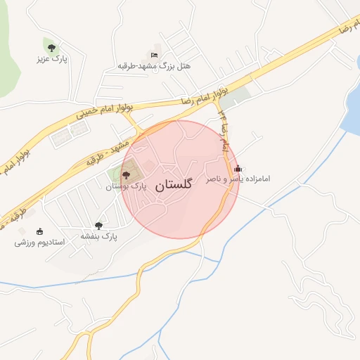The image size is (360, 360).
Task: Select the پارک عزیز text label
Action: [51, 59]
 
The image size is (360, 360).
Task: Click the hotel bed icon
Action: [154, 55]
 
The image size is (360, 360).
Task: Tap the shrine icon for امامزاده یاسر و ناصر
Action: [238, 168]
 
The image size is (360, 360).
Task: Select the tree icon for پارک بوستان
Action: [126, 175]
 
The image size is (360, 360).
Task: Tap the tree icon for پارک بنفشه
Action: [98, 226]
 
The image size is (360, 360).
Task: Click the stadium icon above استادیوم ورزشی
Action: [39, 231]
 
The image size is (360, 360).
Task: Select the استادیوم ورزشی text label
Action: [39, 243]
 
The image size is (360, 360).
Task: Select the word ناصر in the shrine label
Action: [214, 180]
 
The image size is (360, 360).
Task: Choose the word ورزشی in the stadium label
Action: [25, 243]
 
